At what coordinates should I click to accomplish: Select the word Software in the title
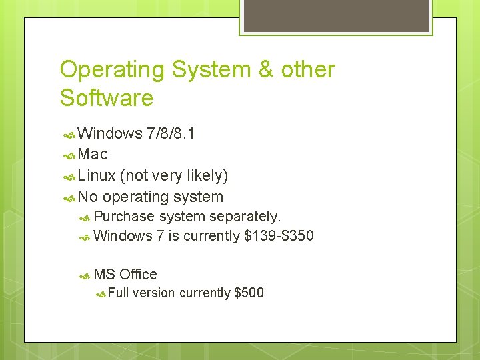[x=107, y=99]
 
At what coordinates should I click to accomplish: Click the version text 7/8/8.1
[x=171, y=133]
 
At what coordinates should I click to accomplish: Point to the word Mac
[x=93, y=154]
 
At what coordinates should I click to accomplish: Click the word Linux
[x=97, y=175]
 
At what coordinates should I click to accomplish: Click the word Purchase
[x=124, y=217]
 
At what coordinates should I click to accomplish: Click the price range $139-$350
[x=279, y=236]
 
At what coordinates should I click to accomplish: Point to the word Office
[x=138, y=274]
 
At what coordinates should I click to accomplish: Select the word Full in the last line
[x=119, y=293]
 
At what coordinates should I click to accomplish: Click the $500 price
[x=249, y=293]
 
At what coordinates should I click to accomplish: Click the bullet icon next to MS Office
[x=84, y=275]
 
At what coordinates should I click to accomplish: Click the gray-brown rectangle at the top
[x=335, y=15]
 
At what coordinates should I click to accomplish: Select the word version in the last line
[x=153, y=293]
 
